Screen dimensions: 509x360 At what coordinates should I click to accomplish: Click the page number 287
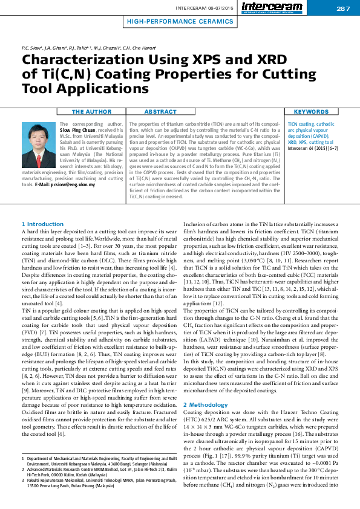(x=343, y=8)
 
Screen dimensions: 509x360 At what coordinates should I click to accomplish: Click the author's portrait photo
(x=39, y=141)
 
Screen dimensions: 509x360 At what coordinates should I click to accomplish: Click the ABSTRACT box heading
(x=161, y=112)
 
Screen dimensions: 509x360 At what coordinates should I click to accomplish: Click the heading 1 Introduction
(x=42, y=224)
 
